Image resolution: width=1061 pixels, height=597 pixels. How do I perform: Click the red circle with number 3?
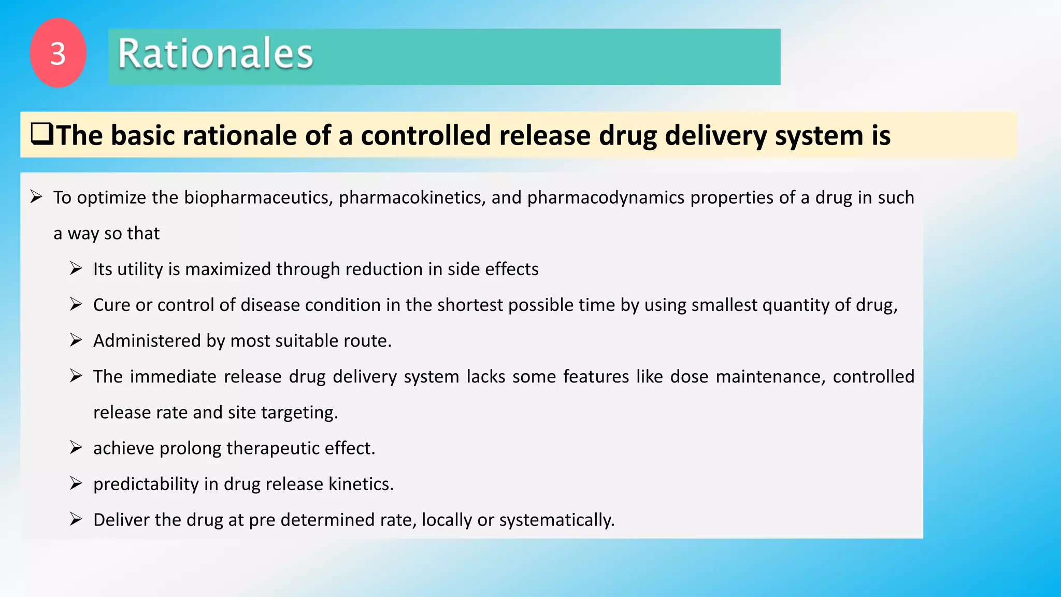[58, 53]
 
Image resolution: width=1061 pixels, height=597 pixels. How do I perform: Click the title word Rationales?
[215, 54]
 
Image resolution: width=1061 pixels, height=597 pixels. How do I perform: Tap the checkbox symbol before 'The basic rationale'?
[41, 134]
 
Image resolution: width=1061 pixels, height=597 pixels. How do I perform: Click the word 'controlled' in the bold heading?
[425, 136]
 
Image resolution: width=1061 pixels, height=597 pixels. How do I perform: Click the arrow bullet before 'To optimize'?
[36, 197]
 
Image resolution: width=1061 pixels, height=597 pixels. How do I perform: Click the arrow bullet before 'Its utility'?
[76, 268]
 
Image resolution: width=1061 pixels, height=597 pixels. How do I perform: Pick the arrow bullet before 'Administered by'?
[76, 340]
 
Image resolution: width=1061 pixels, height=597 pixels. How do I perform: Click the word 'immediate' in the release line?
[173, 376]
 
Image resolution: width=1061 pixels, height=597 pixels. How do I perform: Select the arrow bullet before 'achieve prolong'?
[76, 447]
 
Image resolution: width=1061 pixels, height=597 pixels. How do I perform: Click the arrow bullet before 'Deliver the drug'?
[76, 519]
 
